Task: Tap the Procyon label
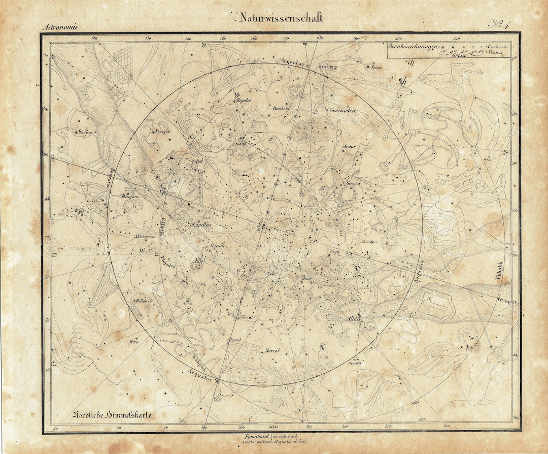[163, 131]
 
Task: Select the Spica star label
[375, 67]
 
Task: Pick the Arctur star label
[350, 146]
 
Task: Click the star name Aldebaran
[144, 238]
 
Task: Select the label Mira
[134, 341]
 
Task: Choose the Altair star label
[353, 319]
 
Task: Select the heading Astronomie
[61, 27]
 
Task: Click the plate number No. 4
[502, 23]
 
